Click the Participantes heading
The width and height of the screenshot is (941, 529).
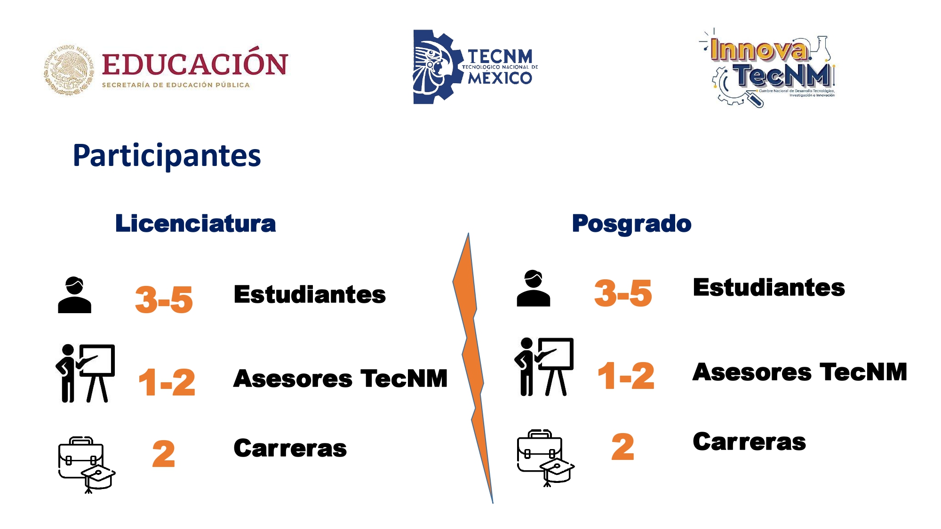pyautogui.click(x=167, y=156)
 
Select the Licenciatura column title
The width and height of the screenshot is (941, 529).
pyautogui.click(x=196, y=223)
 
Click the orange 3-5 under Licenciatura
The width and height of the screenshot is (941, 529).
pyautogui.click(x=164, y=300)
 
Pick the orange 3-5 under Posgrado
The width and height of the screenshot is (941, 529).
pyautogui.click(x=623, y=293)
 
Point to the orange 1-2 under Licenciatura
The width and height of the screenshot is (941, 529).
pyautogui.click(x=167, y=382)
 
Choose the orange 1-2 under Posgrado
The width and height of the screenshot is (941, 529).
pyautogui.click(x=626, y=376)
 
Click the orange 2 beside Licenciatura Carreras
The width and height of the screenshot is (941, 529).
pyautogui.click(x=164, y=454)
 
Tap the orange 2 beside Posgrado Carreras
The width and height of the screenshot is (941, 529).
pyautogui.click(x=623, y=447)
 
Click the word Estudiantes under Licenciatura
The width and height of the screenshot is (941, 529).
pyautogui.click(x=310, y=294)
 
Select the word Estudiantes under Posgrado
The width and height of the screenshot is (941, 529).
pyautogui.click(x=769, y=288)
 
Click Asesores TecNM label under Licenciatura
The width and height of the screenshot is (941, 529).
pyautogui.click(x=340, y=379)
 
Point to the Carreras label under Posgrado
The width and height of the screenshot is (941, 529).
pyautogui.click(x=750, y=442)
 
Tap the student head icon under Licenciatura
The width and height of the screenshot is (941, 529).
pyautogui.click(x=74, y=295)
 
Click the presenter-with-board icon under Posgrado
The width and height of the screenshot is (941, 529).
pyautogui.click(x=544, y=367)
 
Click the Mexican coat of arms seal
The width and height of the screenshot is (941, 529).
pyautogui.click(x=69, y=70)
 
